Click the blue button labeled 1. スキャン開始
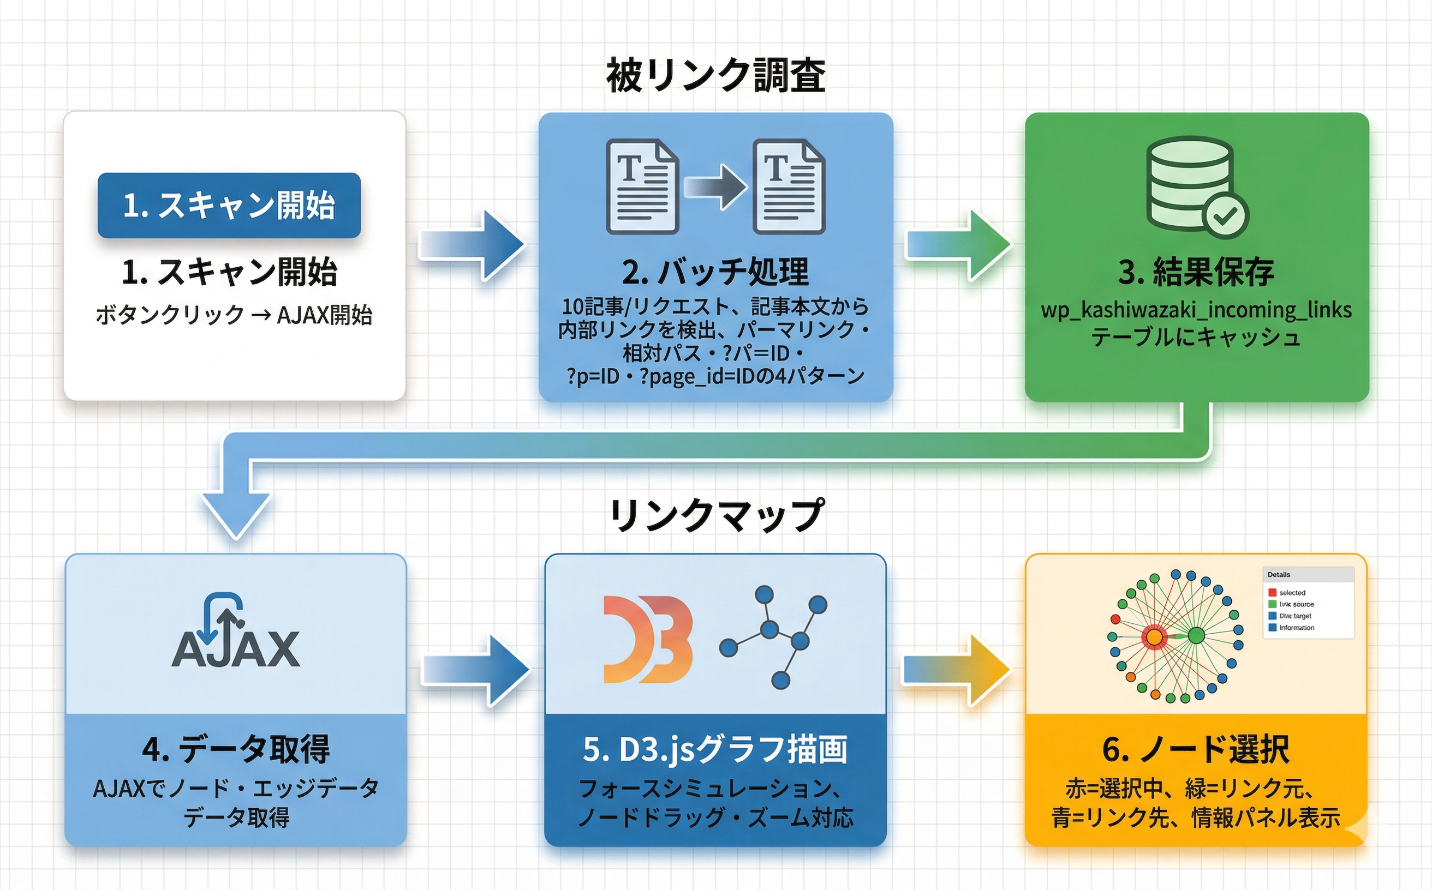(229, 206)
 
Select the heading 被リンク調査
(715, 75)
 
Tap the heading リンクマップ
(715, 515)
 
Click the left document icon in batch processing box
(642, 187)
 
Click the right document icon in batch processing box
(789, 187)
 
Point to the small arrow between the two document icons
(715, 187)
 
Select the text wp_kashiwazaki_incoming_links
(1196, 310)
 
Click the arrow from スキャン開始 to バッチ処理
(472, 245)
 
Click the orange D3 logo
(647, 639)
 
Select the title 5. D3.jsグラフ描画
(715, 749)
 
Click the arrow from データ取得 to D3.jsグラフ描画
(476, 670)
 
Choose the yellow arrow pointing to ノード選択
(957, 670)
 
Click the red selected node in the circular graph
(1154, 637)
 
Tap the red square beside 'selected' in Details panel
(1272, 592)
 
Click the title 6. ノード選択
(1196, 749)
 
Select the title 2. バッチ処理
(715, 272)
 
